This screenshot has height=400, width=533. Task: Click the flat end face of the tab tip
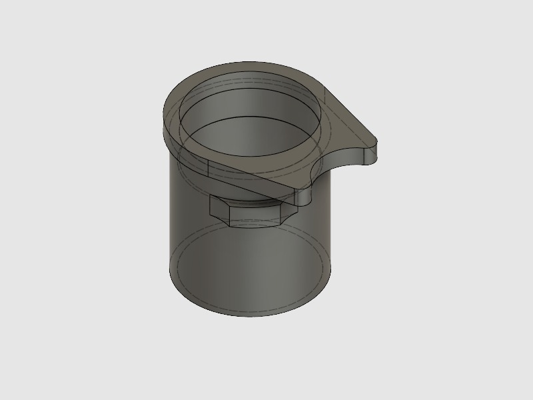click(x=378, y=153)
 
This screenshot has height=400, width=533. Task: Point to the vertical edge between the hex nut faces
click(x=229, y=217)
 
